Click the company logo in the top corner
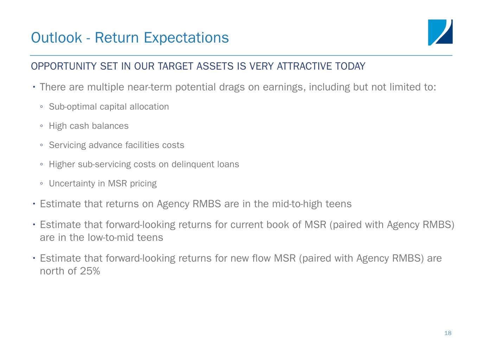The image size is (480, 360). tap(440, 32)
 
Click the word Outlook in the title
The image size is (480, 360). tap(56, 38)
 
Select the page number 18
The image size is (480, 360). tap(448, 333)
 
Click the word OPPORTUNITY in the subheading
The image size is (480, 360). tap(64, 66)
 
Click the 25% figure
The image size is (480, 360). tap(90, 271)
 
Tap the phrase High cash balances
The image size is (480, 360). tap(89, 126)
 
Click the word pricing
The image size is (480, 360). tap(143, 184)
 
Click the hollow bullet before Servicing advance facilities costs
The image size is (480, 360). tap(41, 145)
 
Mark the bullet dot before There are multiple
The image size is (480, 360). tap(34, 87)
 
